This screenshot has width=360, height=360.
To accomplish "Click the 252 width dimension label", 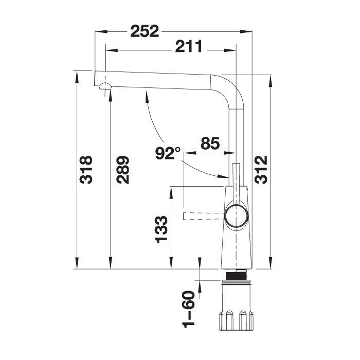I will click(144, 31).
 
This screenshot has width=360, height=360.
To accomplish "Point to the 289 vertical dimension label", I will click(122, 170).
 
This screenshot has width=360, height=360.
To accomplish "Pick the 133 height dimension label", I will click(161, 228).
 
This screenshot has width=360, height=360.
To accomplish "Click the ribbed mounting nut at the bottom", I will click(237, 319).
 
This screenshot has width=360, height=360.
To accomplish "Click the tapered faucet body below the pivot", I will click(237, 247).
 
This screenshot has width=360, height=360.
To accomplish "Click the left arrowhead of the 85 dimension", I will click(186, 153).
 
